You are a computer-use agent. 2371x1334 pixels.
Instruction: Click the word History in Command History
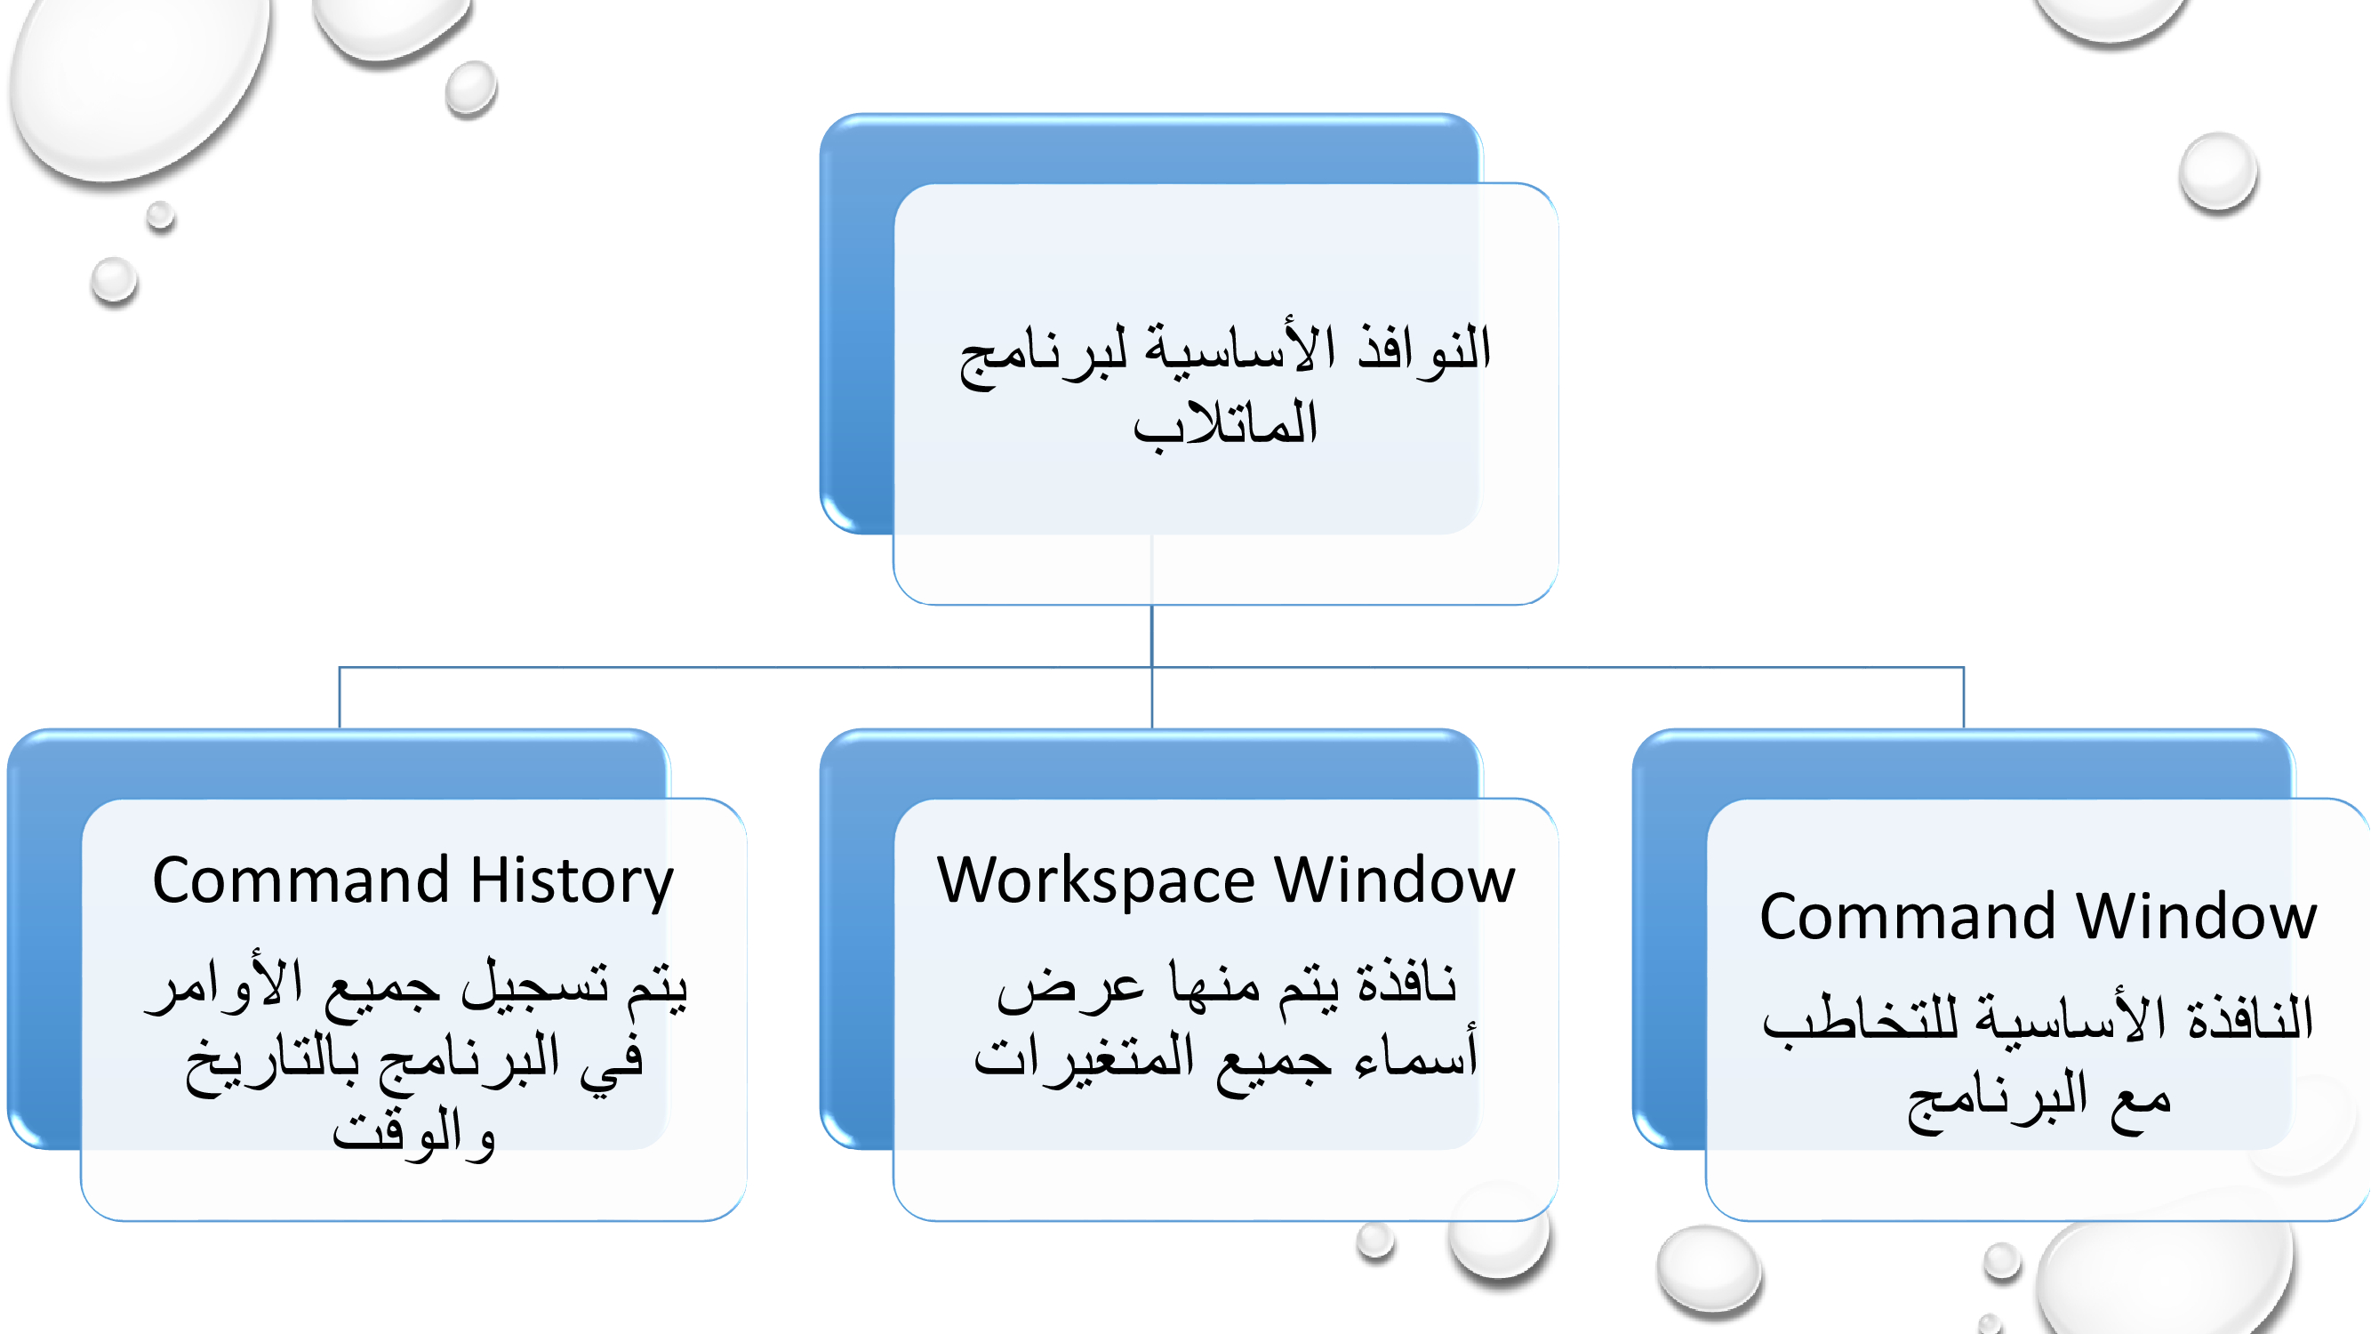pyautogui.click(x=572, y=881)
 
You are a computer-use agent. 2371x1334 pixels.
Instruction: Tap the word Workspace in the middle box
pyautogui.click(x=1095, y=882)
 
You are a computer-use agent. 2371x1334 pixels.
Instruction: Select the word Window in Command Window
pyautogui.click(x=2196, y=917)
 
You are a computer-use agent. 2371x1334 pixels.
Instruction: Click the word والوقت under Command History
pyautogui.click(x=414, y=1131)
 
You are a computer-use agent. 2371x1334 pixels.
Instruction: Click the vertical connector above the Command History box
pyautogui.click(x=340, y=697)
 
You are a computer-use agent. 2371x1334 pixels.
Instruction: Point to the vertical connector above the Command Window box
pyautogui.click(x=1963, y=697)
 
